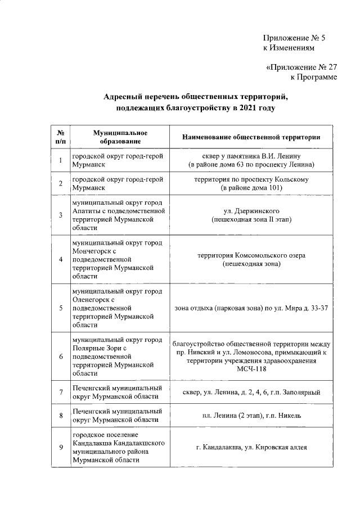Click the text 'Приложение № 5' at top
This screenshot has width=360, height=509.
(294, 38)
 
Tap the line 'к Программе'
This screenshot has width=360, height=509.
(313, 77)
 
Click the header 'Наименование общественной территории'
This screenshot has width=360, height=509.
(251, 137)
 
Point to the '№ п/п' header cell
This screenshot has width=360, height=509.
(60, 137)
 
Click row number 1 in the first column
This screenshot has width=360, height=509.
(60, 160)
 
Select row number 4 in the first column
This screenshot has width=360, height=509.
(60, 259)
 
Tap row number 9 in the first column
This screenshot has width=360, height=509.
(60, 447)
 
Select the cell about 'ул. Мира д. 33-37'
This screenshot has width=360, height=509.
(251, 308)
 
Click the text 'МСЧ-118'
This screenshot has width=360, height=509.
(251, 369)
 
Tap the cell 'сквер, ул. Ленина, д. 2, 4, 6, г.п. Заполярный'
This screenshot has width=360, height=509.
(251, 391)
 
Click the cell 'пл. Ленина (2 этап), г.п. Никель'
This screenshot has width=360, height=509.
(251, 416)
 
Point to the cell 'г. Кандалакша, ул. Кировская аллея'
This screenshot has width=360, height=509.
(251, 447)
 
